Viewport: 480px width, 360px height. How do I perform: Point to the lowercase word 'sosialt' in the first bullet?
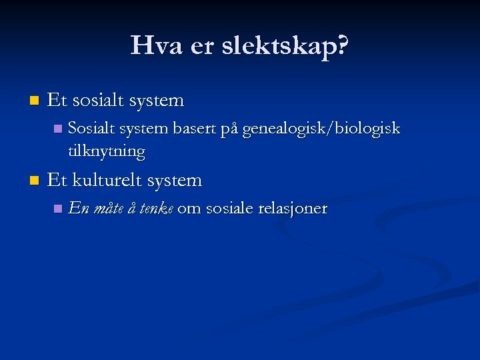pyautogui.click(x=100, y=101)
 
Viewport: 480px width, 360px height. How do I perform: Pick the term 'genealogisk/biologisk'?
pyautogui.click(x=321, y=129)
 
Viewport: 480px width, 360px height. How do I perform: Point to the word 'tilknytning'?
pyautogui.click(x=107, y=151)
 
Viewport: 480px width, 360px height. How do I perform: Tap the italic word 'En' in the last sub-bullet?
pyautogui.click(x=77, y=209)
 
